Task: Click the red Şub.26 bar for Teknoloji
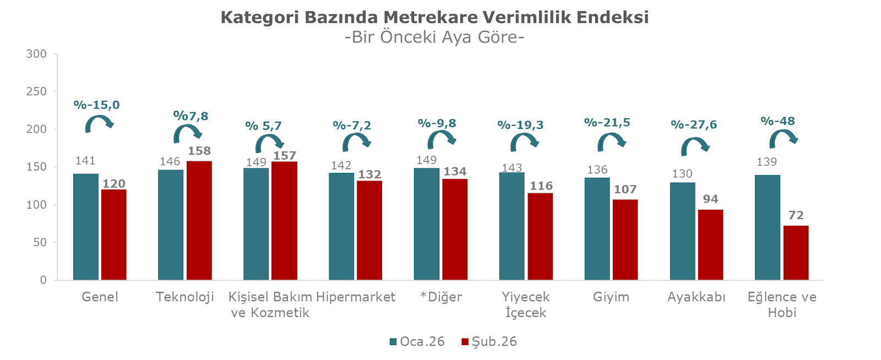(x=199, y=220)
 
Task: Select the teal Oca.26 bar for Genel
(x=85, y=227)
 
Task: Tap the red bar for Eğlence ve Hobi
(x=796, y=253)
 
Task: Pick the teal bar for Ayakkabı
(x=682, y=231)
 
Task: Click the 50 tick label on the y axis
(x=40, y=242)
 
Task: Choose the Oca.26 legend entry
(x=417, y=341)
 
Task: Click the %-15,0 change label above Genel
(x=96, y=105)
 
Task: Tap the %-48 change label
(x=777, y=121)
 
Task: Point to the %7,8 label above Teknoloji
(x=191, y=116)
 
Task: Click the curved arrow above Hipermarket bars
(x=356, y=143)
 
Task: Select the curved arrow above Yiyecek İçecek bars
(x=524, y=143)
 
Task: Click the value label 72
(x=796, y=215)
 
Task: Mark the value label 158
(x=199, y=151)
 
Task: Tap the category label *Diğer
(x=440, y=297)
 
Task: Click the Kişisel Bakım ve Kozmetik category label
(x=270, y=304)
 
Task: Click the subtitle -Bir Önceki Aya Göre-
(x=434, y=37)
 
